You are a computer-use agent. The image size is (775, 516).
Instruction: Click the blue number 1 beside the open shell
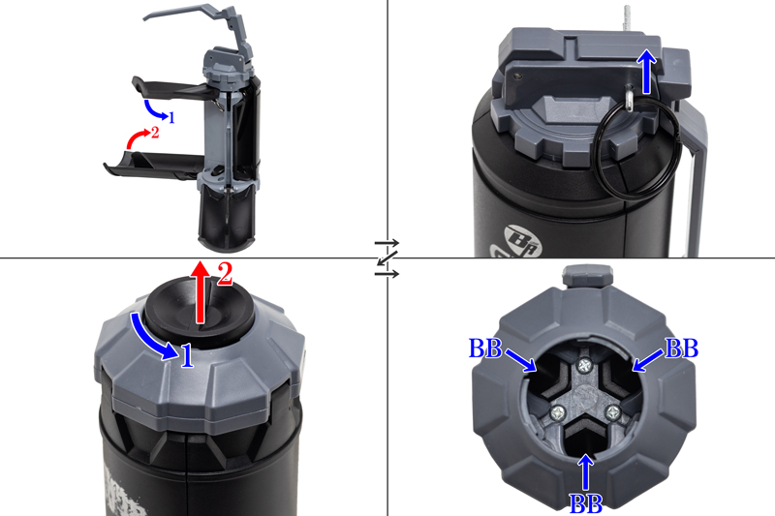171,117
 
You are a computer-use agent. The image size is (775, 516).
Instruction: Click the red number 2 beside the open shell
155,133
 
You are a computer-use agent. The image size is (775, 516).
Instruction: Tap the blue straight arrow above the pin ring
646,72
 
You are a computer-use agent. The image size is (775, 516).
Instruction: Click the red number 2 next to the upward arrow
225,274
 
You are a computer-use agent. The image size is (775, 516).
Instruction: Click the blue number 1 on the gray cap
187,356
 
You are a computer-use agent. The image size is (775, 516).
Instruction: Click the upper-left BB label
485,349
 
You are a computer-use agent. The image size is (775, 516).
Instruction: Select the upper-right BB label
682,349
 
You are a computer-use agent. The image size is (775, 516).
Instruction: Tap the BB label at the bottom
586,503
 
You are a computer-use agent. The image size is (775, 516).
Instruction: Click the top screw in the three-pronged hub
585,366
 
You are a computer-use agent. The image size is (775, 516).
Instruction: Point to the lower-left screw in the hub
559,411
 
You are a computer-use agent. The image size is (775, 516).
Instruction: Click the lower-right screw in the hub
613,410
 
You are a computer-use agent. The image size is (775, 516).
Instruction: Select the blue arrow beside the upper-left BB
519,360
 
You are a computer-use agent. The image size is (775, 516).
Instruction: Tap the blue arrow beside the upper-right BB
648,360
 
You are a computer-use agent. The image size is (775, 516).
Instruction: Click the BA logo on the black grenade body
523,241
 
